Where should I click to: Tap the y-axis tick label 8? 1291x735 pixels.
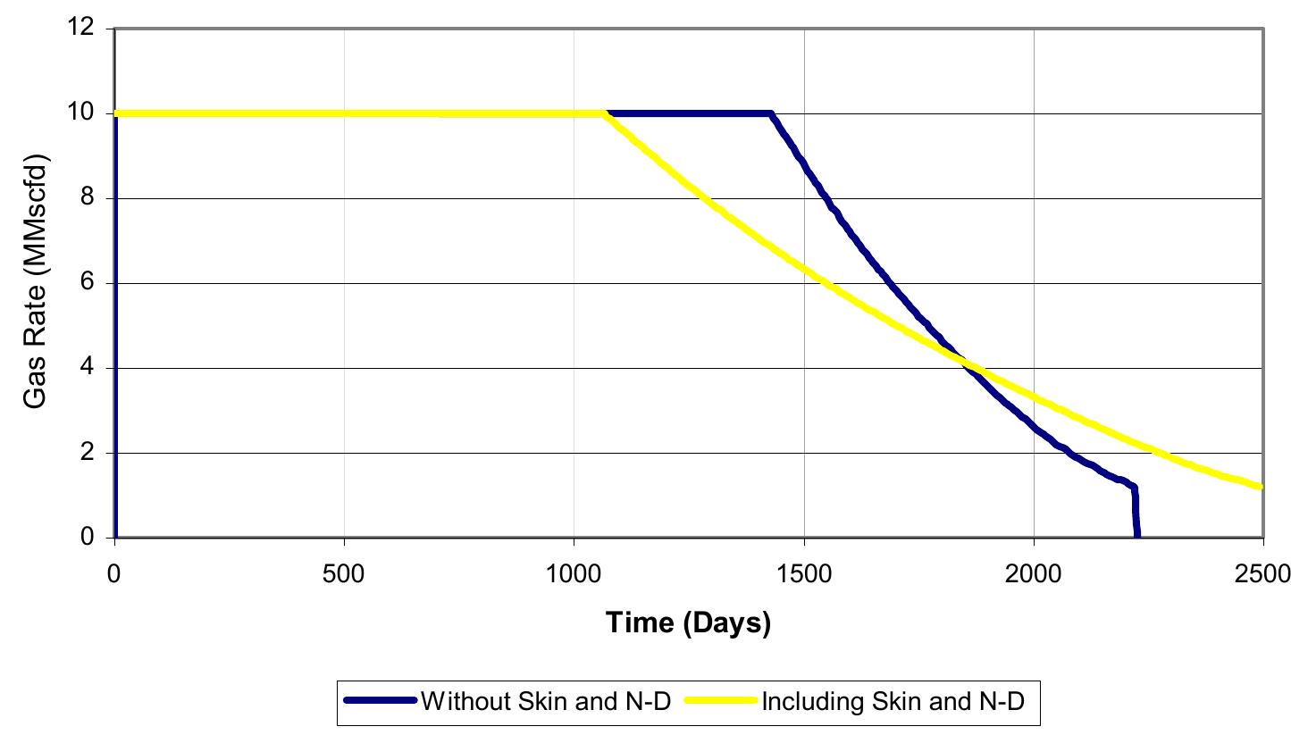tap(89, 198)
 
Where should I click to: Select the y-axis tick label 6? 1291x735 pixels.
tap(89, 283)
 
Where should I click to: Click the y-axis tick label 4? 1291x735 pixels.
tap(89, 368)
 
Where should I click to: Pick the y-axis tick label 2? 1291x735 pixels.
tap(89, 453)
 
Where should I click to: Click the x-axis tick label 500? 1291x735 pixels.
tap(344, 572)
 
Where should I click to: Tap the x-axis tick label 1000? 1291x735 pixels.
tap(574, 572)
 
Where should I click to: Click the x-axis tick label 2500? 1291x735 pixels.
tap(1262, 572)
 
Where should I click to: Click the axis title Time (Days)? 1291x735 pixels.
tap(688, 622)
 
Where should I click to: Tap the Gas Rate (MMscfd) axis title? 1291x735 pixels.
tap(36, 281)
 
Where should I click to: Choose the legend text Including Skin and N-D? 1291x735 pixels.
tap(890, 702)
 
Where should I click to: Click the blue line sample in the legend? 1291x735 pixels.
tap(381, 702)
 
